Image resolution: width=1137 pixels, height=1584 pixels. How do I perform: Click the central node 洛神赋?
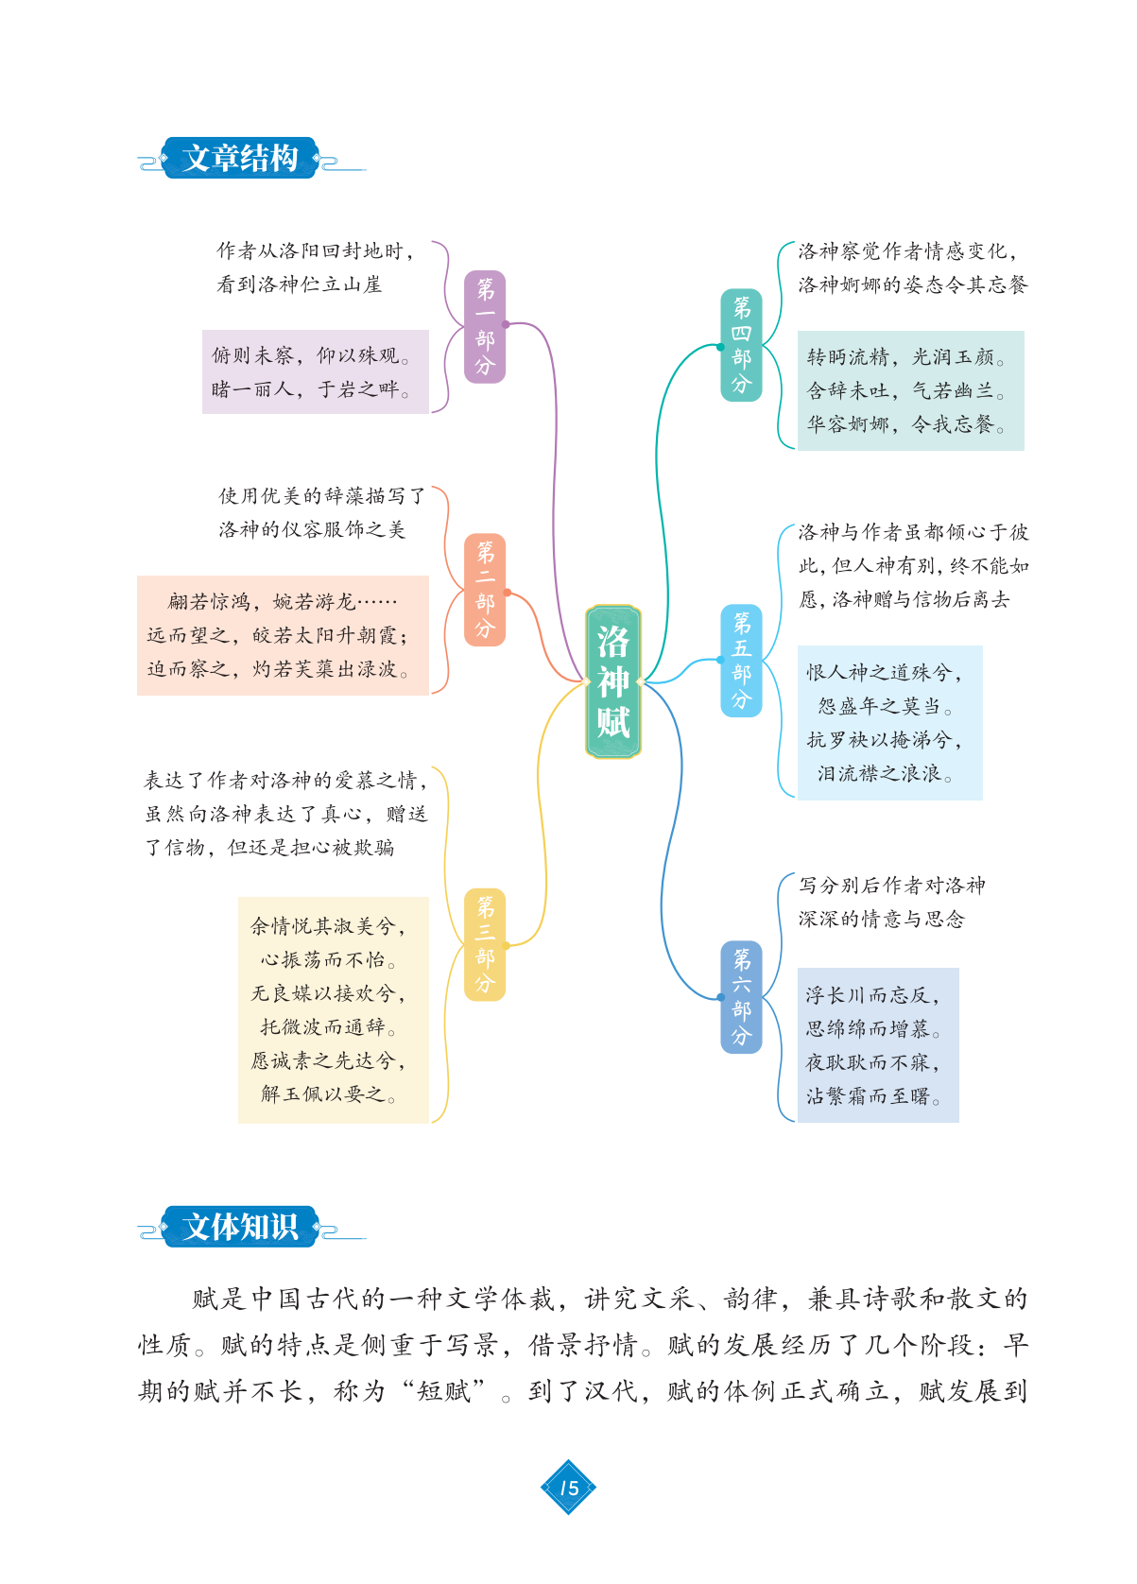(x=612, y=681)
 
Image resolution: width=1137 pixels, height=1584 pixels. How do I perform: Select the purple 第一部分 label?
(x=485, y=327)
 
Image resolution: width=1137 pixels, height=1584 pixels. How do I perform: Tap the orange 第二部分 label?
(x=485, y=590)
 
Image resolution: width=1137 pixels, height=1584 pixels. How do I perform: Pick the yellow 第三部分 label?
(x=485, y=945)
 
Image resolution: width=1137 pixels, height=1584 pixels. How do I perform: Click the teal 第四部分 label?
(x=741, y=345)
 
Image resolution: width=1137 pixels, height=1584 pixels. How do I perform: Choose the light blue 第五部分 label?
(x=741, y=661)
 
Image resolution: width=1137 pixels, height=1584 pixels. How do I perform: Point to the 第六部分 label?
(x=741, y=997)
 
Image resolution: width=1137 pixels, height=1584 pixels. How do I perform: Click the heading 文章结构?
(x=240, y=158)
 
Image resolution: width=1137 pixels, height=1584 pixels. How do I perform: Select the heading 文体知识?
(x=240, y=1227)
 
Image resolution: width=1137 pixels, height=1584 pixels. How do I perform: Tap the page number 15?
(x=568, y=1488)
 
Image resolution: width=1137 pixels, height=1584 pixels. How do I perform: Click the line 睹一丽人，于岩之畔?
(x=311, y=389)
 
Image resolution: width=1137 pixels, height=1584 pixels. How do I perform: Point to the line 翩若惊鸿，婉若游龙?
(x=283, y=602)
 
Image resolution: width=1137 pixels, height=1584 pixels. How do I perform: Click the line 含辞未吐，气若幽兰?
(x=905, y=390)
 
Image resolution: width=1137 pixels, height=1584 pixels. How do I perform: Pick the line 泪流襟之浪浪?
(x=885, y=774)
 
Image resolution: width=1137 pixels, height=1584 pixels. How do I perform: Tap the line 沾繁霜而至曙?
(x=872, y=1096)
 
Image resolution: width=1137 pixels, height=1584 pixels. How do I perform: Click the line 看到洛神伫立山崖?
(x=300, y=284)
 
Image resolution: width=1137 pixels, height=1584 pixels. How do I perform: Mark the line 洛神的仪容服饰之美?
(x=312, y=529)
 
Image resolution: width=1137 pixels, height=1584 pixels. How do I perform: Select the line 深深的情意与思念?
(x=881, y=919)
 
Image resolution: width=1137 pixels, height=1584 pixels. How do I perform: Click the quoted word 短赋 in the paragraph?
(x=444, y=1391)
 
